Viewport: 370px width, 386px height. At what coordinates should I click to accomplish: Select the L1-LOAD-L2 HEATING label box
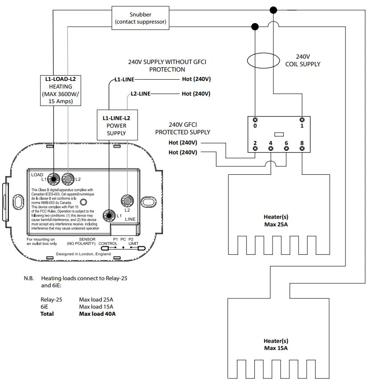[x=61, y=90]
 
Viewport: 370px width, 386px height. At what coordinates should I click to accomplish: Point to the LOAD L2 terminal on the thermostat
[x=69, y=179]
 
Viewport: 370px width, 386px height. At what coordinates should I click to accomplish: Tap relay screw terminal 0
[x=255, y=120]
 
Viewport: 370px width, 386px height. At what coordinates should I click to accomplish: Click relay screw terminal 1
[x=302, y=120]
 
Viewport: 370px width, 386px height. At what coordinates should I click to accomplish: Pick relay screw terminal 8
[x=302, y=149]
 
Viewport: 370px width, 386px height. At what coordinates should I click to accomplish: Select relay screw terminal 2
[x=255, y=149]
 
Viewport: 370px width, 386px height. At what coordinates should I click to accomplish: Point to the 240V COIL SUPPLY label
[x=303, y=60]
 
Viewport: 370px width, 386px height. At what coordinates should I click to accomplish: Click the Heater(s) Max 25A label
[x=276, y=220]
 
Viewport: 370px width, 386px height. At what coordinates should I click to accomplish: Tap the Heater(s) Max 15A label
[x=276, y=344]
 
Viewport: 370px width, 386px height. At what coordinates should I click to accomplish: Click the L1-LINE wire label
[x=124, y=79]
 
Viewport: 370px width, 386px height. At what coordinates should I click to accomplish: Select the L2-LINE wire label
[x=140, y=94]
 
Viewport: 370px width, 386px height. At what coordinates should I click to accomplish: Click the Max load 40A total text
[x=97, y=314]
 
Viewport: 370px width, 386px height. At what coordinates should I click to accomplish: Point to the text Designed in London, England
[x=83, y=254]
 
